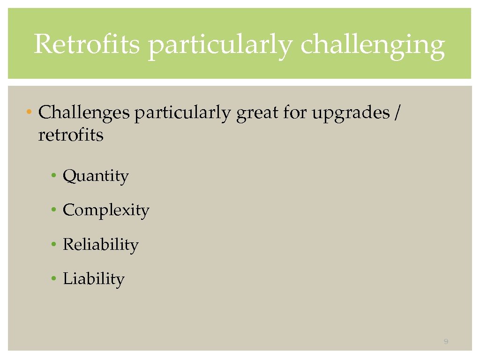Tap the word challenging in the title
(x=372, y=46)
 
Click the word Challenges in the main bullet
(x=84, y=113)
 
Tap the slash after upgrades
(x=398, y=113)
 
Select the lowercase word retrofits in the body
(x=71, y=135)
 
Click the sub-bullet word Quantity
(x=96, y=176)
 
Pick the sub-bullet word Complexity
(x=106, y=210)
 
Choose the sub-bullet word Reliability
(x=101, y=245)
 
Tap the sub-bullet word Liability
(x=94, y=279)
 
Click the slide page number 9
(x=446, y=342)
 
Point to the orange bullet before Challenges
(x=29, y=113)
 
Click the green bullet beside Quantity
(x=54, y=176)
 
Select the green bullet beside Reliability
(x=54, y=245)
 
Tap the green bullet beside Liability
(x=54, y=279)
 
